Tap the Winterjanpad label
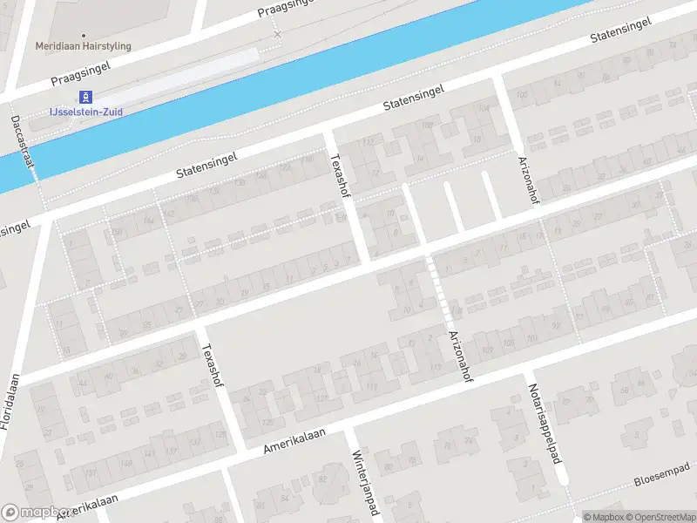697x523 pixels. point(364,482)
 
